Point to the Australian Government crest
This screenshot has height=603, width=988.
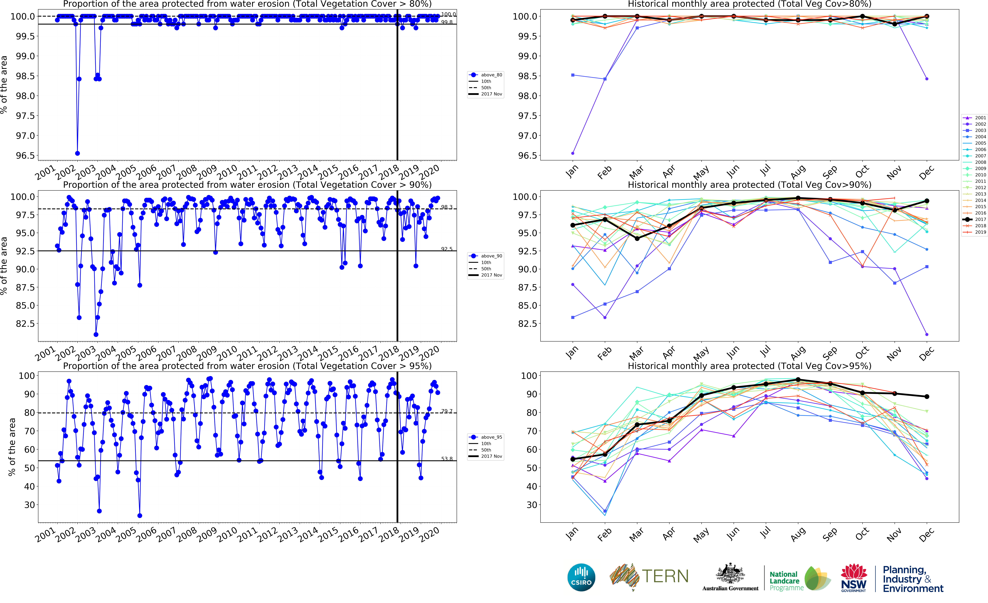[x=730, y=577]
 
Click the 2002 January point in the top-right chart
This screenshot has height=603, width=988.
[x=573, y=153]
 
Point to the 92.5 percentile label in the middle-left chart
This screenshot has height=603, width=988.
[x=447, y=249]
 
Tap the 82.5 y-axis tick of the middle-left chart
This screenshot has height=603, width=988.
[x=25, y=323]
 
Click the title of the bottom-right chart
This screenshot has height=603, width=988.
[x=749, y=366]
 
